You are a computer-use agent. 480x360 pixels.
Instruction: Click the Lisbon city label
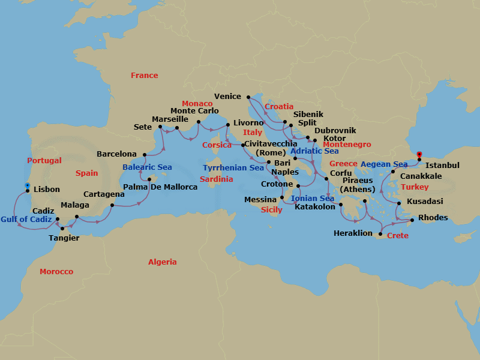[47, 190]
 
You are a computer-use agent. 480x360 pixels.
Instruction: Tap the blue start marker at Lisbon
[27, 185]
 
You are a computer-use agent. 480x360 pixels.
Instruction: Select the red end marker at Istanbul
[419, 154]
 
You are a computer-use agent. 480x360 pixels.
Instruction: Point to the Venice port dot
[247, 96]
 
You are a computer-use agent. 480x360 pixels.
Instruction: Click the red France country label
[145, 76]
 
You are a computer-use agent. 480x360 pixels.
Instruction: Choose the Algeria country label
[163, 262]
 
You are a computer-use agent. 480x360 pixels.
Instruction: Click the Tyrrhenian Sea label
[233, 168]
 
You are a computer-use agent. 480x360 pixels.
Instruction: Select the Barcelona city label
[116, 154]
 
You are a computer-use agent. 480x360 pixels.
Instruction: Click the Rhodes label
[433, 218]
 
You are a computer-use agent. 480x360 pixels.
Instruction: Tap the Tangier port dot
[62, 229]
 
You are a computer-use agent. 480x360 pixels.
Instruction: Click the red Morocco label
[56, 272]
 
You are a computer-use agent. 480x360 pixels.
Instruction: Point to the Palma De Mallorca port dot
[149, 179]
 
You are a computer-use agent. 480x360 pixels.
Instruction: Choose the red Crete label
[398, 236]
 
